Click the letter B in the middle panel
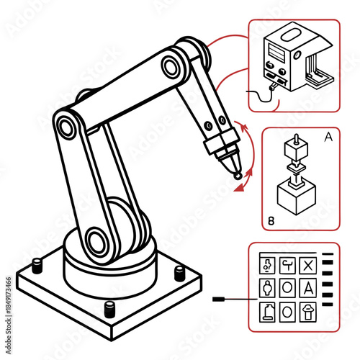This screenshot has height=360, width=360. point(271,221)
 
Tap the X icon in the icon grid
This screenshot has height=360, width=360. point(308,265)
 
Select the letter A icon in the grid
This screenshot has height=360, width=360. point(308,288)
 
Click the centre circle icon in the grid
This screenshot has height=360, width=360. point(287,288)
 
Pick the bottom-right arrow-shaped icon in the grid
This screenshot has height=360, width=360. point(308,311)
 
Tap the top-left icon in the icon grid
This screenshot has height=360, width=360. point(266,265)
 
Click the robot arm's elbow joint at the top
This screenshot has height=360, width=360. point(171,66)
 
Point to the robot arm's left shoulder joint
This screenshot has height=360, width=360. point(66,129)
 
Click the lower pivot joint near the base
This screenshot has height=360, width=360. point(94,240)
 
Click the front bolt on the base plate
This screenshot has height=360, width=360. point(109,310)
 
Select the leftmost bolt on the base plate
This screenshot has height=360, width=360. point(37,267)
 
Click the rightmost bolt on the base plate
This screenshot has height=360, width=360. point(179,272)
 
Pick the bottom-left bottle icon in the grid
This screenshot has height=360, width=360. point(266,311)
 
